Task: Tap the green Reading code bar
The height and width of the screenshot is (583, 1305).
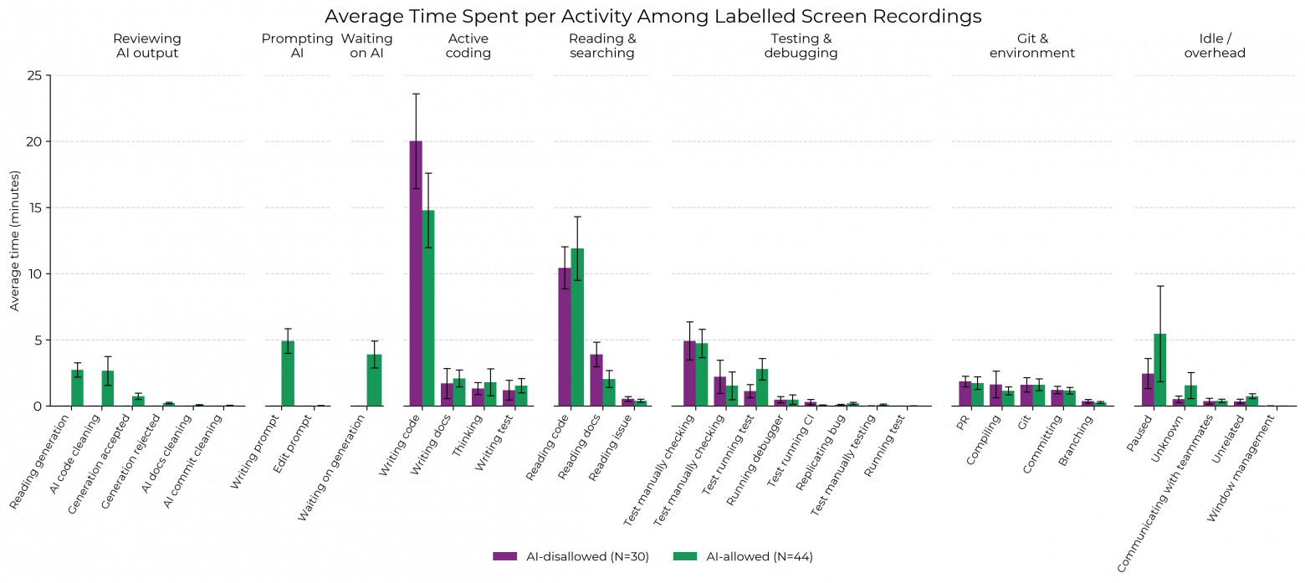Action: coord(577,327)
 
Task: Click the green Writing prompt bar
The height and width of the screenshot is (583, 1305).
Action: coord(287,373)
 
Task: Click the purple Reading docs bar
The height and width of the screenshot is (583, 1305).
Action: coord(596,380)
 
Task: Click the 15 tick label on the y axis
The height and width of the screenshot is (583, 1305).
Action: coord(34,207)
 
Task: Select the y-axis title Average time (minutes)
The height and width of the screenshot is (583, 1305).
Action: coord(14,240)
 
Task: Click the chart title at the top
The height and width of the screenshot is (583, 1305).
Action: coord(652,16)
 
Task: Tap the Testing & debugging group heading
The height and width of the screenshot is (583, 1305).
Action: coord(801,46)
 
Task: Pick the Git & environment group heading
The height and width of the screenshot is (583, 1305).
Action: coord(1031,46)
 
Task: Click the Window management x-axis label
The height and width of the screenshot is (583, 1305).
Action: coord(1241,473)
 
